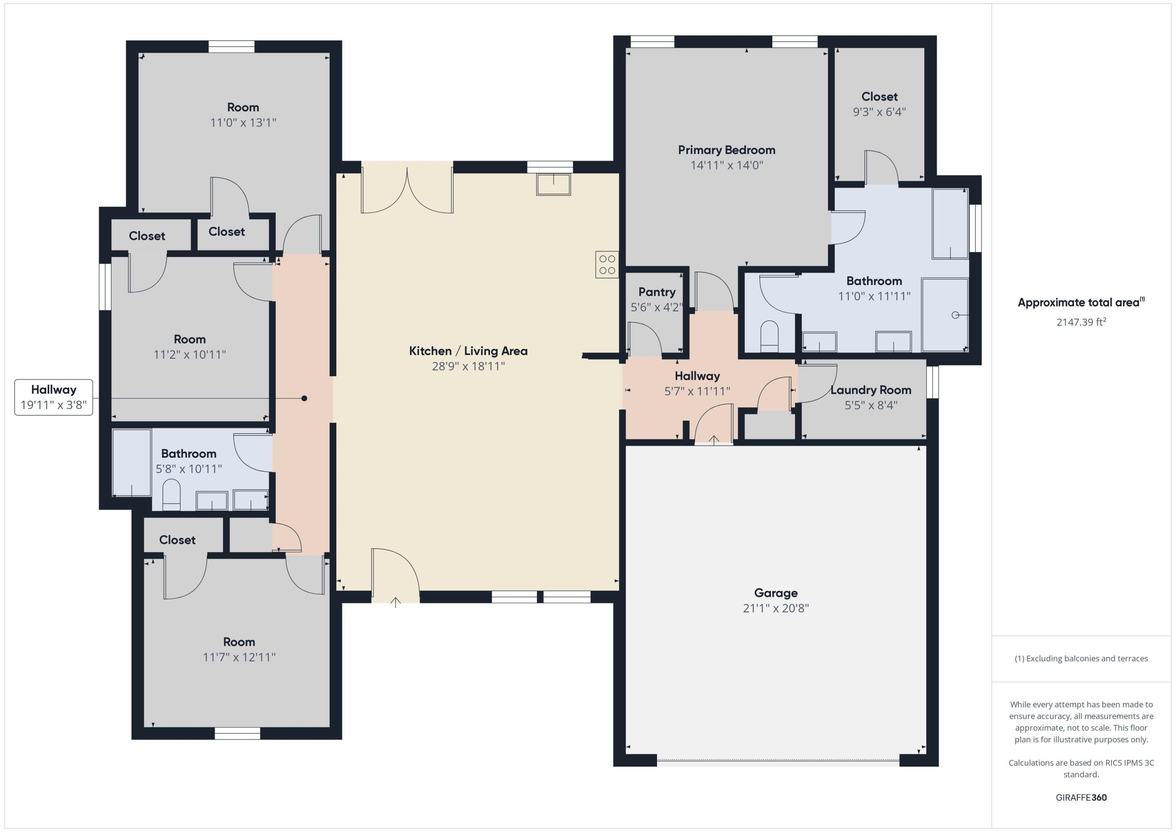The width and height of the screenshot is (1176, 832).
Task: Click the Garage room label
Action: pos(775,593)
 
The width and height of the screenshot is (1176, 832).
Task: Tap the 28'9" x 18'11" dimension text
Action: pos(468,366)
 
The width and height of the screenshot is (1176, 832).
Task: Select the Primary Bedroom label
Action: pos(726,150)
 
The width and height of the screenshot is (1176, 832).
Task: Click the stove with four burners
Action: pos(607,264)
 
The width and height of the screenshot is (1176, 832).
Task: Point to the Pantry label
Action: pos(657,292)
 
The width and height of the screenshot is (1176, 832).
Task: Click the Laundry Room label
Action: pos(870,390)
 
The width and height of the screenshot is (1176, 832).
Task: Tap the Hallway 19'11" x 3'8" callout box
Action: pos(54,397)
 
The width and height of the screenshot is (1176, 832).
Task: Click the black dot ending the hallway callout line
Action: pos(304,398)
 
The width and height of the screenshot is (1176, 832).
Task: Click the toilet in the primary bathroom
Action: pos(769,336)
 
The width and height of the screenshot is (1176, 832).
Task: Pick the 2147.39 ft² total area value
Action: pos(1081,322)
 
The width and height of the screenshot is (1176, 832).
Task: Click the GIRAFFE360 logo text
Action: pos(1081,797)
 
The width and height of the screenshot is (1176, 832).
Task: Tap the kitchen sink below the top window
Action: pos(553,184)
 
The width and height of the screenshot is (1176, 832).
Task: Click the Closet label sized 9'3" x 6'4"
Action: pos(879,97)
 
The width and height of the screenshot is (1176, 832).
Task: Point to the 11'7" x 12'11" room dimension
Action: pos(239,657)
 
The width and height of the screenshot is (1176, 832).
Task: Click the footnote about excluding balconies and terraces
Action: pos(1081,658)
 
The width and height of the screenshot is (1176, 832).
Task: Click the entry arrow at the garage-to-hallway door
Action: pos(713,440)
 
